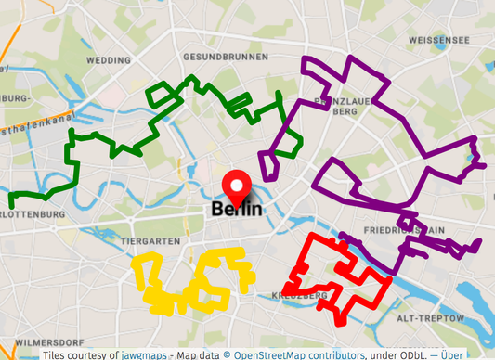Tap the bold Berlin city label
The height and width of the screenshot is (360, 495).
237,210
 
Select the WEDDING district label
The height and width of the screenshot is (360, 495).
109,59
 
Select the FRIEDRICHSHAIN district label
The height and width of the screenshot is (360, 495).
405,228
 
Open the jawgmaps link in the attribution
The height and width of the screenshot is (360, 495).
147,354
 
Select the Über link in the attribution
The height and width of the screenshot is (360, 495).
451,354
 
